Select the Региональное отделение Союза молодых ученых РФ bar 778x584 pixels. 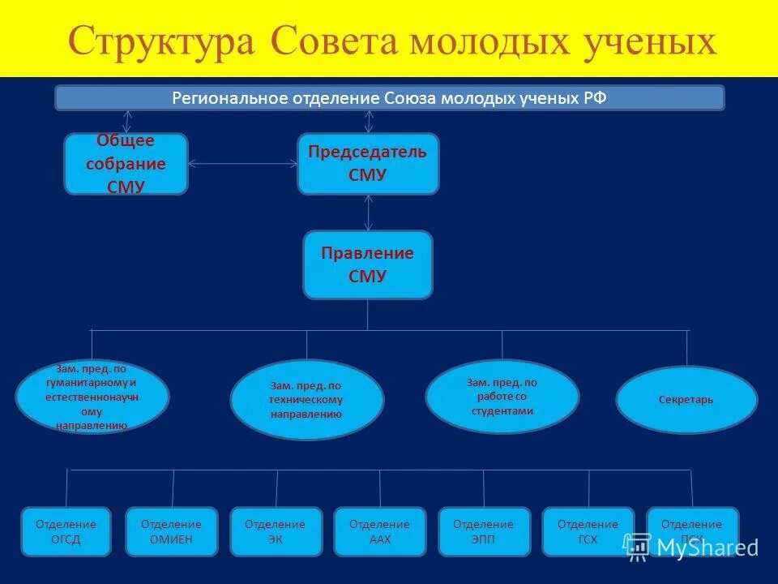point(389,98)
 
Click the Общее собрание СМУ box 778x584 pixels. point(126,164)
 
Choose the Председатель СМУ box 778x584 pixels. point(368,164)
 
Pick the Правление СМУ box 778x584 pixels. point(368,264)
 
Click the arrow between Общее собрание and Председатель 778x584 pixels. point(242,164)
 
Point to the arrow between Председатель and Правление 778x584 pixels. point(369,213)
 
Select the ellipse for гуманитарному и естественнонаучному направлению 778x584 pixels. point(92,397)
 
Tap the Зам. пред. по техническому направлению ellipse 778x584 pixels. point(306,399)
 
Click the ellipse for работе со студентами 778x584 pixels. point(502,396)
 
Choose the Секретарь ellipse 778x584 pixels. point(686,400)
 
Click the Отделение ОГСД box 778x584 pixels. point(66,531)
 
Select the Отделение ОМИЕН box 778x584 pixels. point(171,531)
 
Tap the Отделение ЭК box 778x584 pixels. point(275,531)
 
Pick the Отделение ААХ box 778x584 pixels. point(379,531)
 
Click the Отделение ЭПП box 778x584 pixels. point(484,531)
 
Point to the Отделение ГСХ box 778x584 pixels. point(588,531)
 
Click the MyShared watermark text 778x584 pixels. point(707,547)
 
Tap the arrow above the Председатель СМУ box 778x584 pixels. point(369,122)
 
